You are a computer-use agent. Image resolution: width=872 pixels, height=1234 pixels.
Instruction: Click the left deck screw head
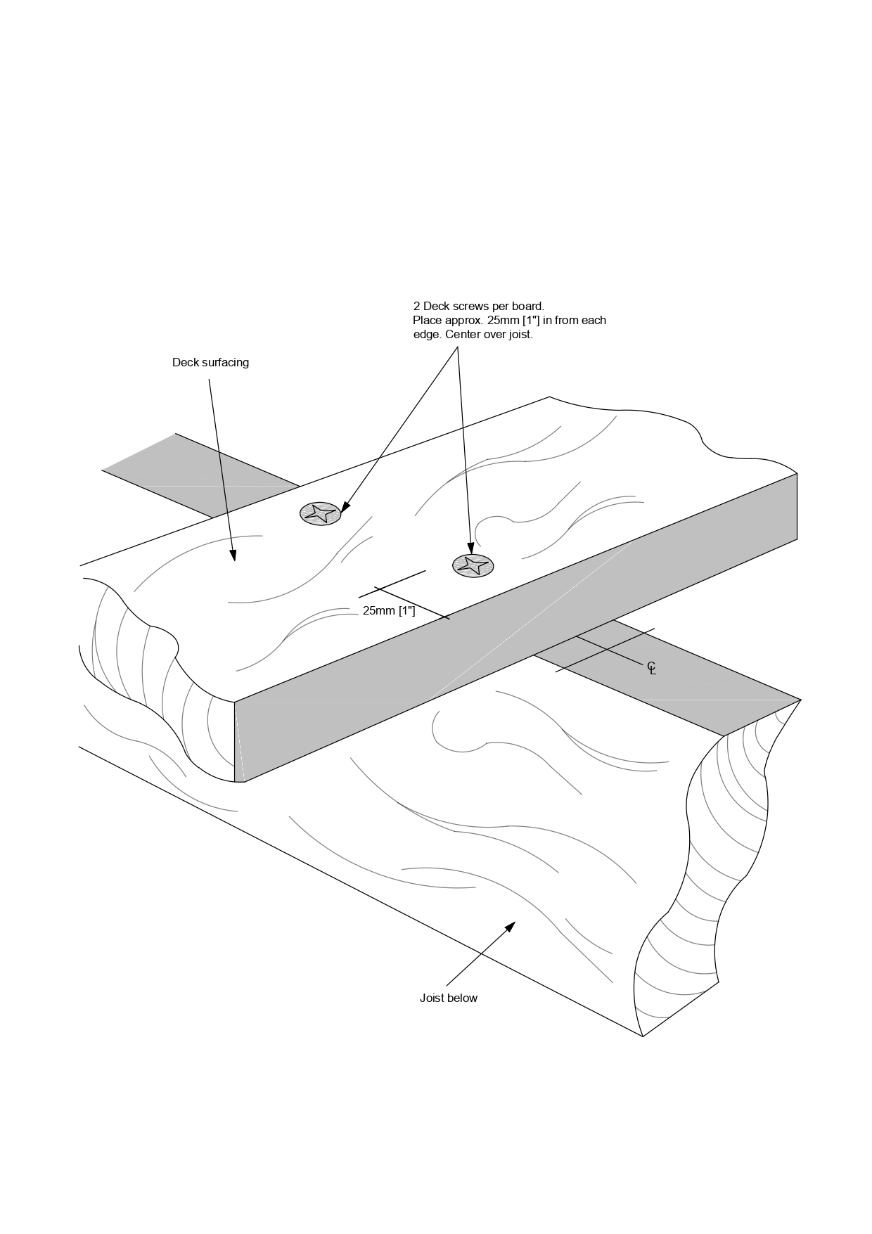click(321, 513)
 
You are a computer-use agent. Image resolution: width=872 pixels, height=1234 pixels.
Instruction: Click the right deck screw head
click(473, 565)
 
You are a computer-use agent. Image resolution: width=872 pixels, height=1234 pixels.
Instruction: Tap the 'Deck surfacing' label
click(210, 363)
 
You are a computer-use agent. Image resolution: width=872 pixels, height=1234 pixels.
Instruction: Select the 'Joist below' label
click(448, 998)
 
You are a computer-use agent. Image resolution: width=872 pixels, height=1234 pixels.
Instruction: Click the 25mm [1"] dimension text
click(389, 611)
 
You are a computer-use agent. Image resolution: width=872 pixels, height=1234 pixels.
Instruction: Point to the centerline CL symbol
click(651, 668)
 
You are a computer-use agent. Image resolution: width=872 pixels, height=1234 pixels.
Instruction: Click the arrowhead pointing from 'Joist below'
click(511, 926)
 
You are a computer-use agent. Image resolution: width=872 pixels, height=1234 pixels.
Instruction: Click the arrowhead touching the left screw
click(345, 508)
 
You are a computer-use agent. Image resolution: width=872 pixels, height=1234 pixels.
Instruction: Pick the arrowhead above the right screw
click(470, 548)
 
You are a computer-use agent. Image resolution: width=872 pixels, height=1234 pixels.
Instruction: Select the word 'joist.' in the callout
click(517, 335)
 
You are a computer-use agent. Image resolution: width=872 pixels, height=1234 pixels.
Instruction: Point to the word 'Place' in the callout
click(427, 321)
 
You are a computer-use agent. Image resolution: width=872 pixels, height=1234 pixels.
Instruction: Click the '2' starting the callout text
click(416, 307)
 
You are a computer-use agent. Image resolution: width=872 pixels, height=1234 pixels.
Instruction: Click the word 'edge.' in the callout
click(427, 335)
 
